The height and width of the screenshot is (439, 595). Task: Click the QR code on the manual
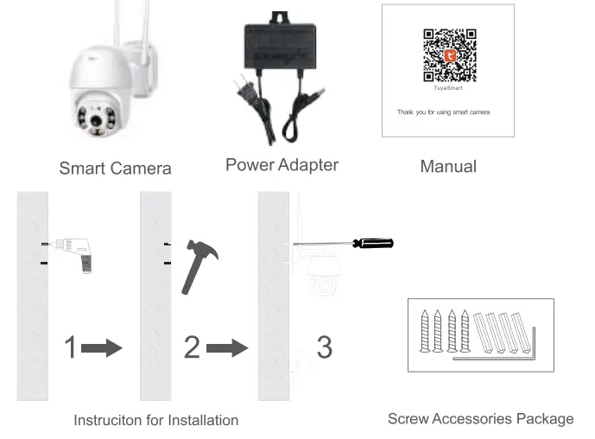pos(448,53)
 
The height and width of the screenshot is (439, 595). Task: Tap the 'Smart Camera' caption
pos(115,169)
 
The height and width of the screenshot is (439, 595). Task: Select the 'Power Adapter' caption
pos(282,164)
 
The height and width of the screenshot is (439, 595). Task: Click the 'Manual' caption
pos(447,166)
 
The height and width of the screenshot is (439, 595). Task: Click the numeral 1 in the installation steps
pos(71,347)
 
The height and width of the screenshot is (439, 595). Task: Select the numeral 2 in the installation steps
pos(192,347)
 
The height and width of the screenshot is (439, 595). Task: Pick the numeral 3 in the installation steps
pos(324,347)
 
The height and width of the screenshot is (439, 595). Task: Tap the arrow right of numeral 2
pos(227,348)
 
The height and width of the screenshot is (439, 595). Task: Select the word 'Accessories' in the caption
pos(472,419)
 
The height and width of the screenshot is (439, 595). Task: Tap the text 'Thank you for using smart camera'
pos(443,112)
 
